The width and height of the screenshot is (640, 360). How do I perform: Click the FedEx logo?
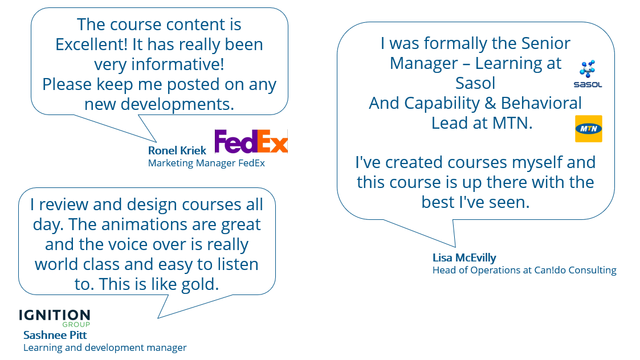[x=251, y=141]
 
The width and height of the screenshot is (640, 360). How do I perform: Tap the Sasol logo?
[x=588, y=74]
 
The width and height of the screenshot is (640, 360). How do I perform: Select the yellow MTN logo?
[x=589, y=129]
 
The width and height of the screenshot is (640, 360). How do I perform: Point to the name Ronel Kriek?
[x=177, y=150]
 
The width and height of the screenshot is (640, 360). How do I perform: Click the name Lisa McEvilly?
[x=464, y=258]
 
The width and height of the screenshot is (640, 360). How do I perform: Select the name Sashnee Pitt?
[x=55, y=335]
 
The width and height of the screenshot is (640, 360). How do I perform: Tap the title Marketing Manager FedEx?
[x=206, y=163]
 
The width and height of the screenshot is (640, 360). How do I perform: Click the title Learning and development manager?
[x=105, y=348]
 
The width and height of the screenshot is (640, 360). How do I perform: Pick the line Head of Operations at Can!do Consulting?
[x=524, y=270]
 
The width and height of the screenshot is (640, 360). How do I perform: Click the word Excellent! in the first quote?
[x=91, y=44]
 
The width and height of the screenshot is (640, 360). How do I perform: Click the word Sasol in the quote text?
[x=475, y=83]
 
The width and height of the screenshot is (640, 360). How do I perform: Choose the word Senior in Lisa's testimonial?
[x=546, y=43]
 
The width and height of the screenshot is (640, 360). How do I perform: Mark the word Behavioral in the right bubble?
[x=541, y=103]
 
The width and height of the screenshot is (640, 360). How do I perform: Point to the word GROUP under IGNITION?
[x=76, y=325]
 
